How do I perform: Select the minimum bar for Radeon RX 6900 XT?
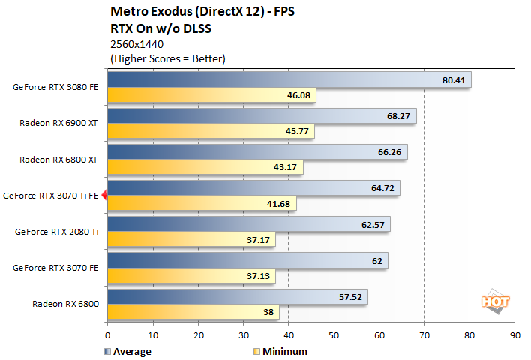click(211, 132)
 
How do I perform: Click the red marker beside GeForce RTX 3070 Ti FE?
click(104, 196)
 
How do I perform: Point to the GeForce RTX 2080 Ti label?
click(56, 232)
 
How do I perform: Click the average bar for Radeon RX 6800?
click(237, 296)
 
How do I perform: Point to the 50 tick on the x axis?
click(334, 335)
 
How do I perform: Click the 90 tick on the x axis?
click(514, 335)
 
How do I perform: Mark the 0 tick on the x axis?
click(108, 335)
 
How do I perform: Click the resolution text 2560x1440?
click(136, 44)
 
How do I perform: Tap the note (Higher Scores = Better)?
click(167, 58)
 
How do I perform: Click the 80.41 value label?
click(454, 79)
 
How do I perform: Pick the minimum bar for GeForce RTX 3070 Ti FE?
click(202, 204)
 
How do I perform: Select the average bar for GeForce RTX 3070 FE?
click(247, 260)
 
